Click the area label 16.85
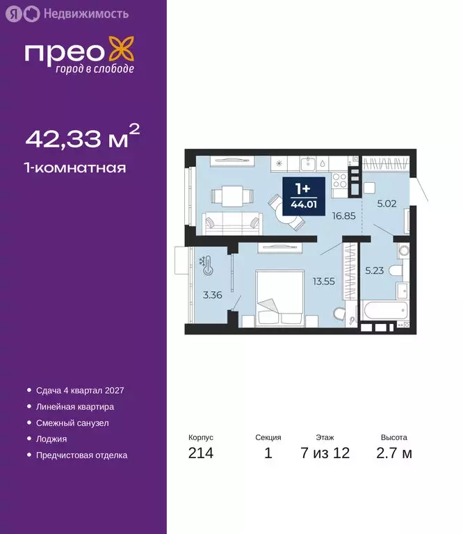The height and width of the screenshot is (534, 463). (x=343, y=216)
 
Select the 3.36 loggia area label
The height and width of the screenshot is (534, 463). (x=212, y=295)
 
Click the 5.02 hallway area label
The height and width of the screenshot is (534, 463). (x=387, y=204)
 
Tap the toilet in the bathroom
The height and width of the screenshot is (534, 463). (x=396, y=270)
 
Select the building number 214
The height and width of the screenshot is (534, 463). (x=200, y=453)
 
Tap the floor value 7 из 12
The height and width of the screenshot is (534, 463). (x=325, y=453)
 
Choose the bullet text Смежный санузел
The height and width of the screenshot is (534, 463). (x=72, y=423)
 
